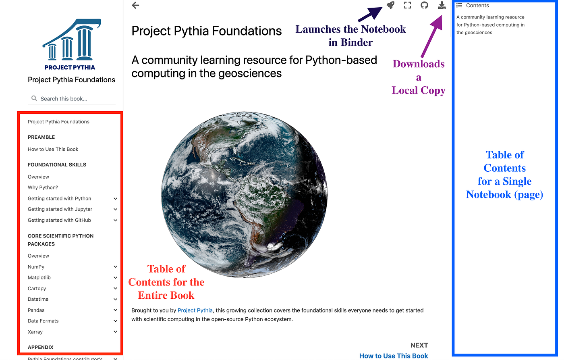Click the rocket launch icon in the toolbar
click(390, 5)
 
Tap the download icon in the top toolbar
click(442, 5)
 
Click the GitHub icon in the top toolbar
click(424, 5)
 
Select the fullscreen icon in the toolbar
click(407, 5)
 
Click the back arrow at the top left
click(136, 5)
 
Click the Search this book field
click(73, 99)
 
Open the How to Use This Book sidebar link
click(53, 149)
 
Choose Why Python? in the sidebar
click(43, 187)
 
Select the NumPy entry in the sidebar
click(36, 267)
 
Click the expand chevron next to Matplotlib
click(116, 278)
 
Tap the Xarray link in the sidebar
click(35, 332)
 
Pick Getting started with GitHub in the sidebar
click(59, 220)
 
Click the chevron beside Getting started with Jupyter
click(116, 209)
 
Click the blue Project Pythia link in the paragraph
click(195, 310)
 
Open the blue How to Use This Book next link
click(393, 356)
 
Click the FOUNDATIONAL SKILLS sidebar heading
click(57, 164)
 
